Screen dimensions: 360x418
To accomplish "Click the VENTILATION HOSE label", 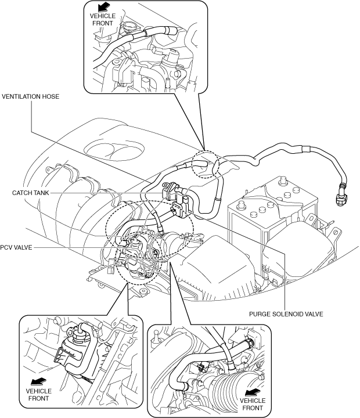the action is click(x=30, y=96).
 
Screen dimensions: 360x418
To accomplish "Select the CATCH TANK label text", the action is click(x=31, y=193).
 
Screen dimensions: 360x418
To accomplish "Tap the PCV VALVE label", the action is click(x=16, y=247).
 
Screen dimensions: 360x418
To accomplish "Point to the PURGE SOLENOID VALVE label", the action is click(x=286, y=314).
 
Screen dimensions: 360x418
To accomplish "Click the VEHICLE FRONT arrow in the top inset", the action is click(x=103, y=6).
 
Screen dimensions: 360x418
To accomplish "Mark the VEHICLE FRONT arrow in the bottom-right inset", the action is click(x=253, y=392).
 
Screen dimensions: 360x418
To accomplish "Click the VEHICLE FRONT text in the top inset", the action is click(x=103, y=20).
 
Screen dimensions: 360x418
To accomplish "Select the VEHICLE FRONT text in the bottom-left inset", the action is click(x=39, y=395).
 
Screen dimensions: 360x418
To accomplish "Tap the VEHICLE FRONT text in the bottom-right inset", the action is click(x=253, y=405).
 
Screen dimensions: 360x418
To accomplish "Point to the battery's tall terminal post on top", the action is click(x=281, y=181).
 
